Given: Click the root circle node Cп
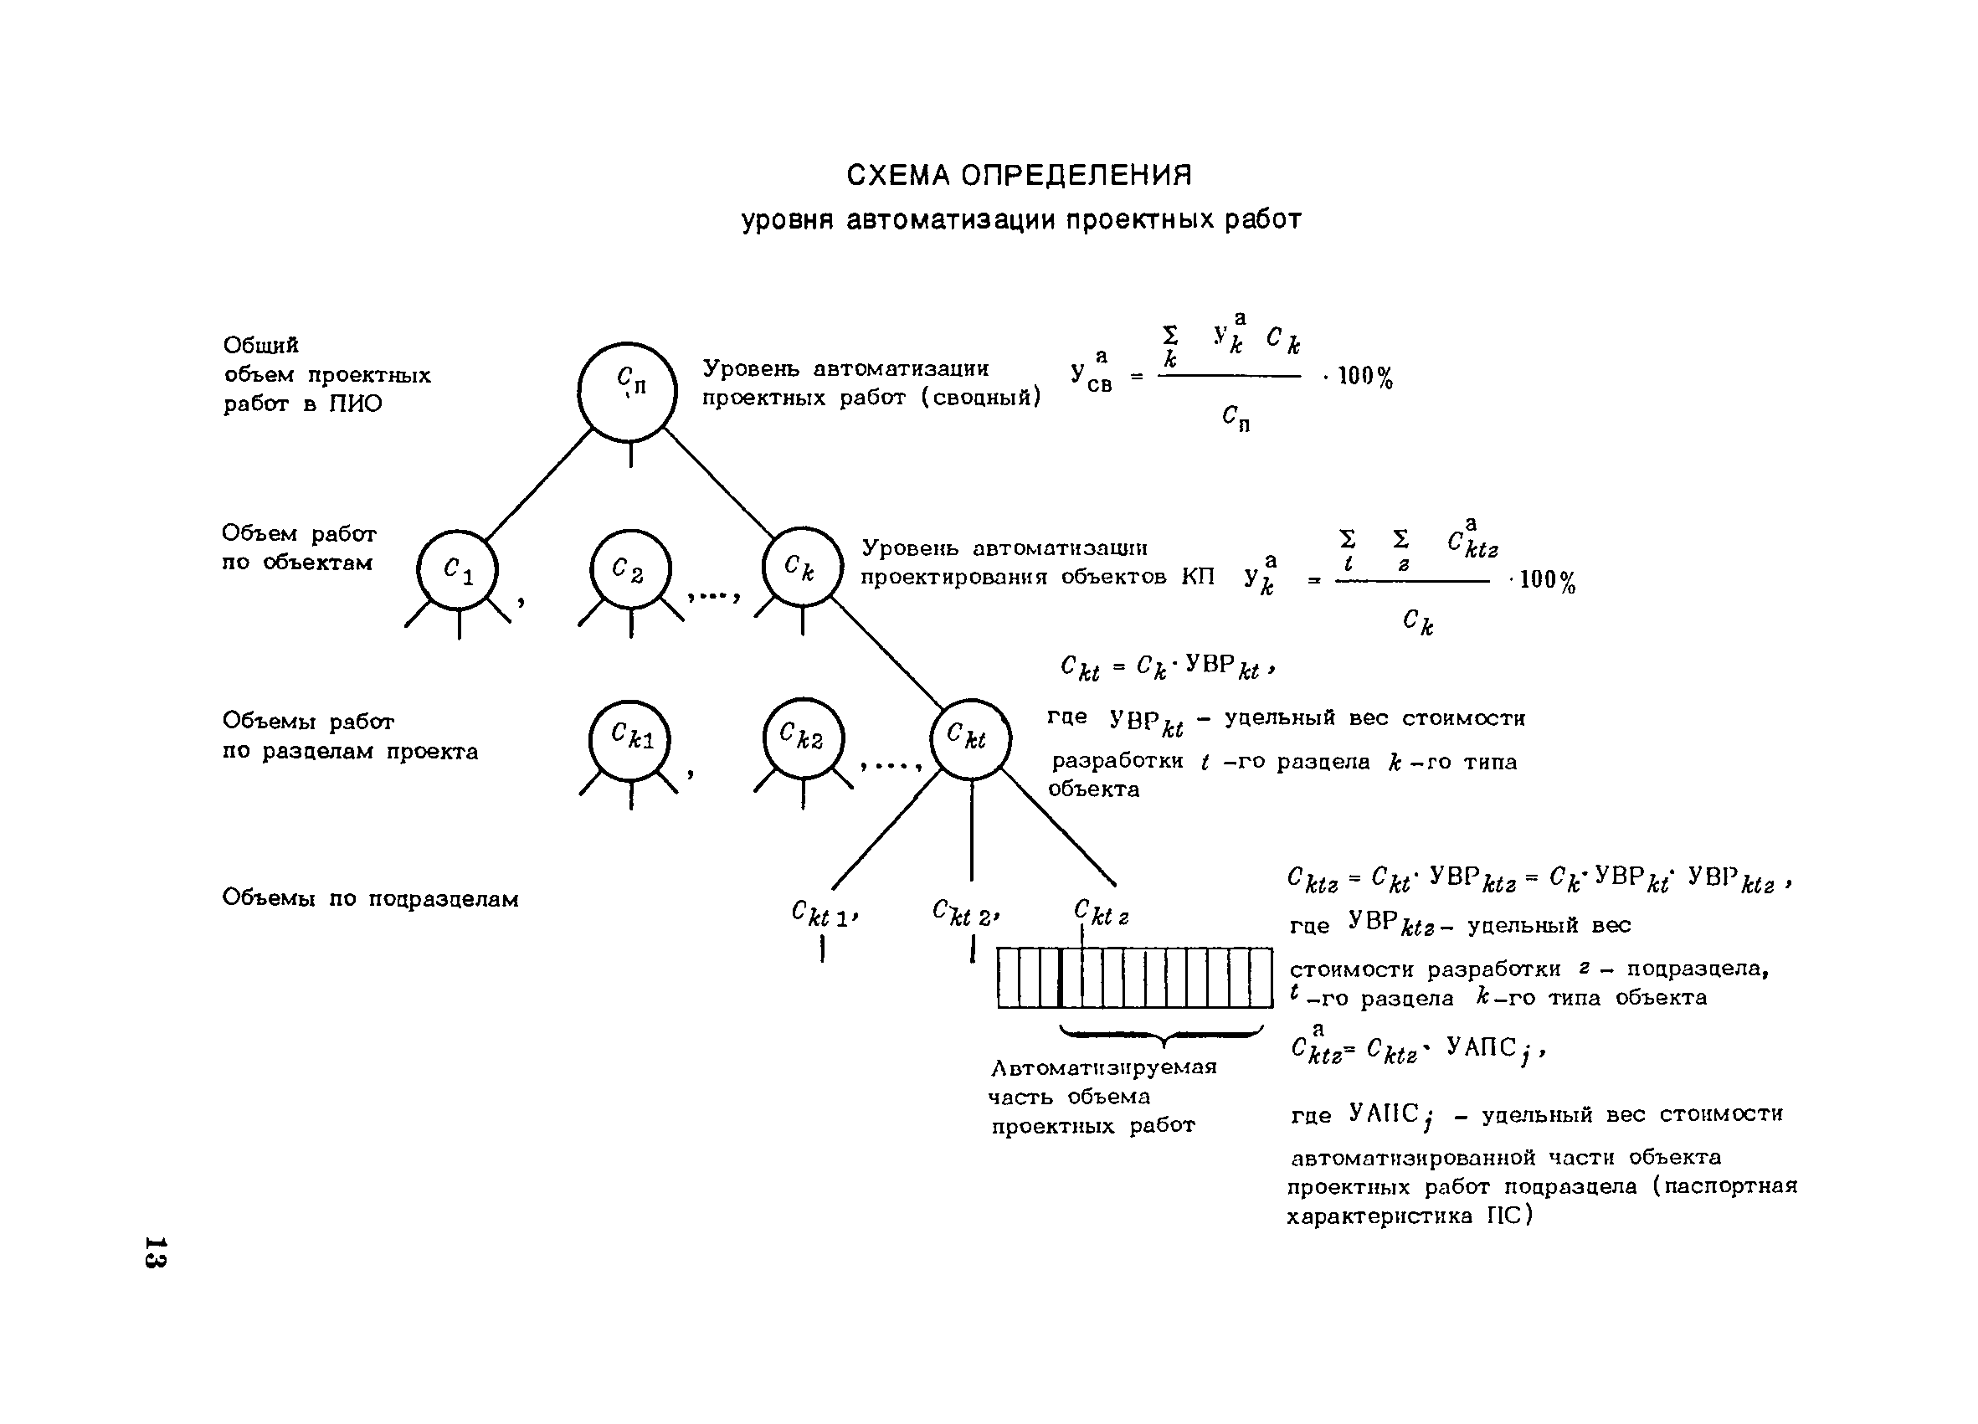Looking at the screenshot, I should point(627,392).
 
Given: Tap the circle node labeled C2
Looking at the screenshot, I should point(630,570).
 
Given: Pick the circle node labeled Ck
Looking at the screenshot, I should point(803,568).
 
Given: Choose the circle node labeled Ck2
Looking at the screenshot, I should point(804,738).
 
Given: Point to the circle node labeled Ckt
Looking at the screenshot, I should point(970,738).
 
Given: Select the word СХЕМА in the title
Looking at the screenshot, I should point(899,176).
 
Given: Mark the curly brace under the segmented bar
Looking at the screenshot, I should point(1162,1036).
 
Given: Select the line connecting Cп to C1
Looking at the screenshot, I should point(538,484).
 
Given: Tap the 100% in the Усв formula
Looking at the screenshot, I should point(1365,377).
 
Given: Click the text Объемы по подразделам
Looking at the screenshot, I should point(370,898).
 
